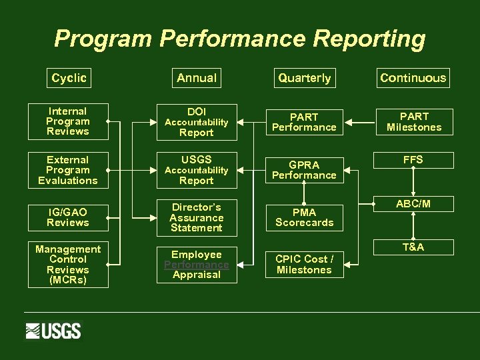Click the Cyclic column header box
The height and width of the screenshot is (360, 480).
click(69, 78)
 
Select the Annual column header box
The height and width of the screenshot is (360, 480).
click(197, 78)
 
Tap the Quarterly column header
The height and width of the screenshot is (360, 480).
click(304, 78)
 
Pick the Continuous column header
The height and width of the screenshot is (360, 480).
click(413, 78)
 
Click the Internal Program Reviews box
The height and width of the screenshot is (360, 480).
click(68, 121)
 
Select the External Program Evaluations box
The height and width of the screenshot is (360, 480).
click(68, 170)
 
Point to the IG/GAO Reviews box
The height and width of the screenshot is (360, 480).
click(68, 217)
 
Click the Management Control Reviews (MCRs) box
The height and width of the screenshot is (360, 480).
click(68, 264)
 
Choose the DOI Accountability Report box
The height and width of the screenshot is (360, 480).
click(197, 122)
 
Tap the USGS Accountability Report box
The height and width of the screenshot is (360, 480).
click(197, 170)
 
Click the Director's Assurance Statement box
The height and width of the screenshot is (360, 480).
click(197, 217)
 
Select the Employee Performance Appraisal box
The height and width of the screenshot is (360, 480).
click(197, 265)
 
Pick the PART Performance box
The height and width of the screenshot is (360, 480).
click(304, 122)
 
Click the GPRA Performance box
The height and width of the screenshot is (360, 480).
click(304, 170)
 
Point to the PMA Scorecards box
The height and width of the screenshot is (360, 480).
click(304, 217)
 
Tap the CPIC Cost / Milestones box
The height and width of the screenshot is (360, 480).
click(304, 264)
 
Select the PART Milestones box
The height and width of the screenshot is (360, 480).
click(414, 122)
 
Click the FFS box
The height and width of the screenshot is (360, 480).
click(413, 160)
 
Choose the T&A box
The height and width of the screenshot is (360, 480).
click(413, 247)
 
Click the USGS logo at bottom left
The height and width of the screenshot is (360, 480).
click(53, 331)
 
